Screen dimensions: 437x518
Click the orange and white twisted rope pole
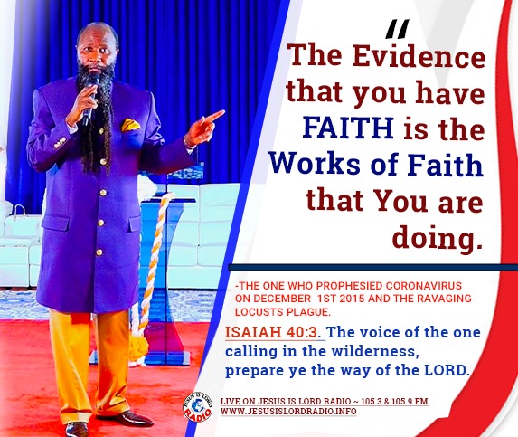(x=144, y=271)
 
